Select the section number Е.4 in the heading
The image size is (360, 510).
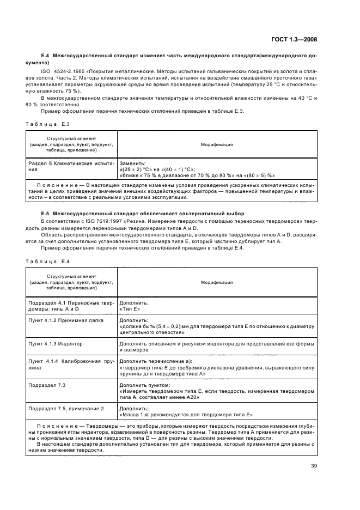(45, 56)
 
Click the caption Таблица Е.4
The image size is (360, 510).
(46, 261)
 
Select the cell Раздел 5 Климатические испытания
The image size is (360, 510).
(71, 166)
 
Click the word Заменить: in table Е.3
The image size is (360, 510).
(132, 163)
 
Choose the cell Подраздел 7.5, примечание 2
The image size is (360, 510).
(66, 408)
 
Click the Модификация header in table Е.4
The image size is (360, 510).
(217, 282)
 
